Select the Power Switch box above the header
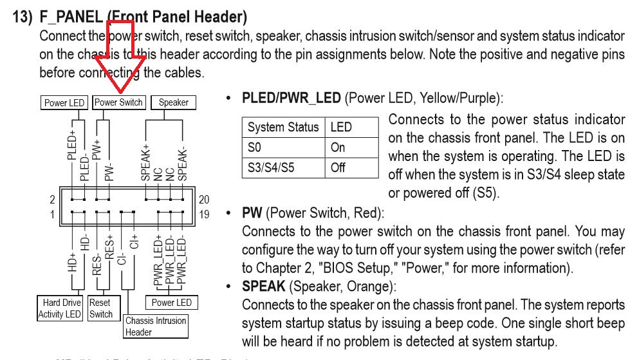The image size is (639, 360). pyautogui.click(x=119, y=102)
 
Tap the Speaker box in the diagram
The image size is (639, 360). pyautogui.click(x=173, y=102)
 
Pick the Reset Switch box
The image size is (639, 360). pyautogui.click(x=101, y=308)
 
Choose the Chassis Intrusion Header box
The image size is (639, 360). pyautogui.click(x=156, y=327)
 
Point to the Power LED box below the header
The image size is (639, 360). pyautogui.click(x=172, y=303)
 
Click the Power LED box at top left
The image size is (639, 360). pyautogui.click(x=64, y=103)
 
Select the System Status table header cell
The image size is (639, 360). pyautogui.click(x=283, y=127)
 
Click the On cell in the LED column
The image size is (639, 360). pyautogui.click(x=338, y=147)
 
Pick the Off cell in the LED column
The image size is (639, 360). pyautogui.click(x=338, y=167)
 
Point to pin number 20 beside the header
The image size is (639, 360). pyautogui.click(x=204, y=200)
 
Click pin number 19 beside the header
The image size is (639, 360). pyautogui.click(x=204, y=214)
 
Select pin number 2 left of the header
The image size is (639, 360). pyautogui.click(x=52, y=200)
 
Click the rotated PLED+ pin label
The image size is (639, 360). pyautogui.click(x=71, y=146)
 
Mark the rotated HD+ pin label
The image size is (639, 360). pyautogui.click(x=72, y=262)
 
